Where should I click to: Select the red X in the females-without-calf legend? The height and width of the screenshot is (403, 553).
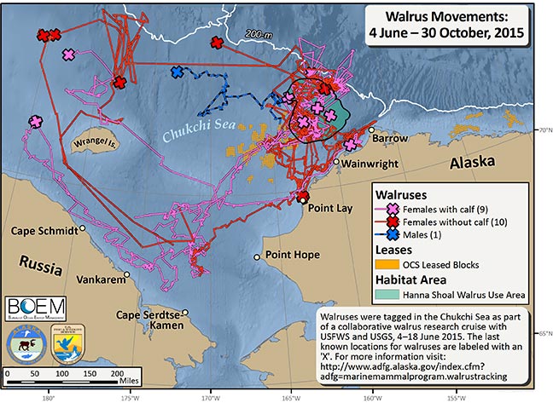(392, 222)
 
